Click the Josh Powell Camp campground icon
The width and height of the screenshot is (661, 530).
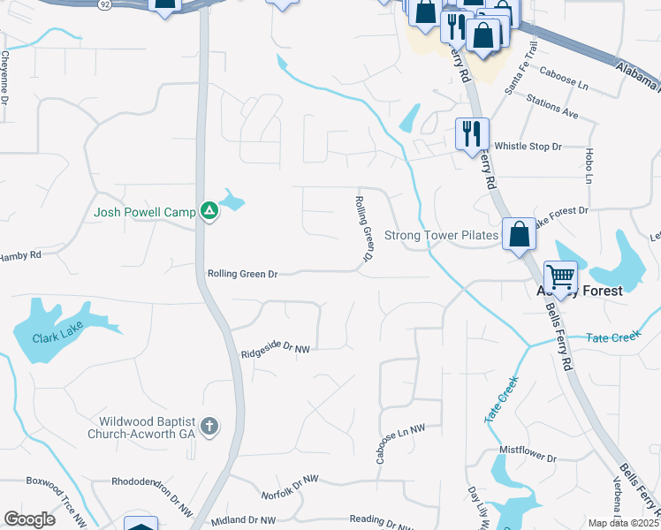tap(209, 211)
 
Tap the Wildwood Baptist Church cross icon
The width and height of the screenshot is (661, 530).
tap(209, 427)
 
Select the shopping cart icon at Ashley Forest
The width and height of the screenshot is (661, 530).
tap(560, 276)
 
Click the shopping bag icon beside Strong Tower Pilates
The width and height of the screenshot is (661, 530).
tap(518, 235)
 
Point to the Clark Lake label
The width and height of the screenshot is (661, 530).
tap(56, 338)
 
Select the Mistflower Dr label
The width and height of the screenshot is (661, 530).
tap(528, 459)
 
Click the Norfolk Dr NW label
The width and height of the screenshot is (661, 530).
tap(288, 486)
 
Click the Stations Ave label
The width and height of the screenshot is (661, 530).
tap(551, 107)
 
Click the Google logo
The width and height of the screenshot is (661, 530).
tap(29, 519)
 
